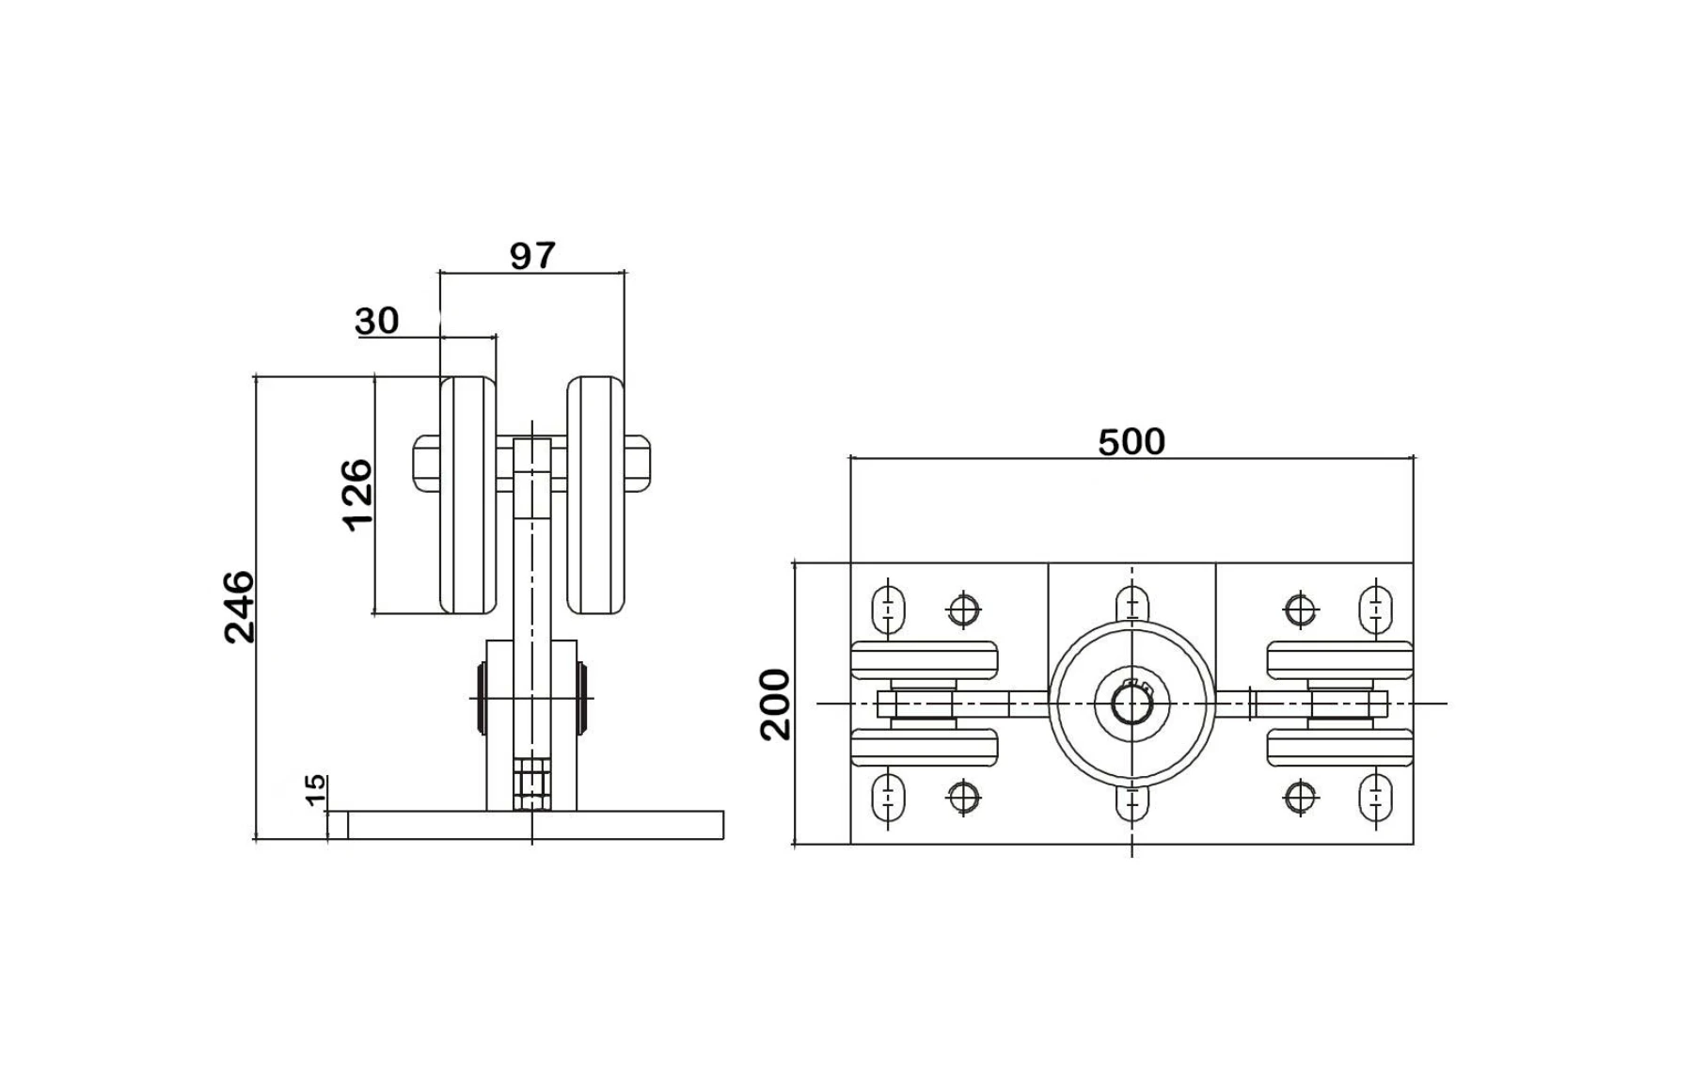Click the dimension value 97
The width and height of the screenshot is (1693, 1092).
click(532, 256)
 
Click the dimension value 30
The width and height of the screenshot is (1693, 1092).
click(377, 322)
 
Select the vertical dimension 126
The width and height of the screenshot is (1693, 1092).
click(357, 495)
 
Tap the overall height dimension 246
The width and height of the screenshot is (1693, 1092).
click(239, 607)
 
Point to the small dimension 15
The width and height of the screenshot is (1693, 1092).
click(316, 789)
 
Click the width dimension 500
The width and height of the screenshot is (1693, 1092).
click(1131, 441)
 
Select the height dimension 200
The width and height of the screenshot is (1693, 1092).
click(776, 704)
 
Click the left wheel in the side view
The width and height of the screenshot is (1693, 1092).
click(468, 496)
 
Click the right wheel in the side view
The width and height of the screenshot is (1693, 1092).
click(595, 496)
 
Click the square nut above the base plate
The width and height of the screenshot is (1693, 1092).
click(532, 783)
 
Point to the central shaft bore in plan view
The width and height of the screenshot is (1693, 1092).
click(1131, 704)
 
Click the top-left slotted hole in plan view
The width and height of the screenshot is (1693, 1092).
click(888, 609)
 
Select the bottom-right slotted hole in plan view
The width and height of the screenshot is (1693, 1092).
click(1376, 797)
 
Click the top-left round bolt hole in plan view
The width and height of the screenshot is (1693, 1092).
click(963, 609)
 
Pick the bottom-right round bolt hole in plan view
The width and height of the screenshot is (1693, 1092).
click(1301, 798)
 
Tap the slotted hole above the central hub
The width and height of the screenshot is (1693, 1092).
click(1131, 602)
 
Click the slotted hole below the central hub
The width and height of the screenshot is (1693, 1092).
click(1131, 802)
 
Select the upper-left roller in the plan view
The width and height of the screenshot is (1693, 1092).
click(925, 659)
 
